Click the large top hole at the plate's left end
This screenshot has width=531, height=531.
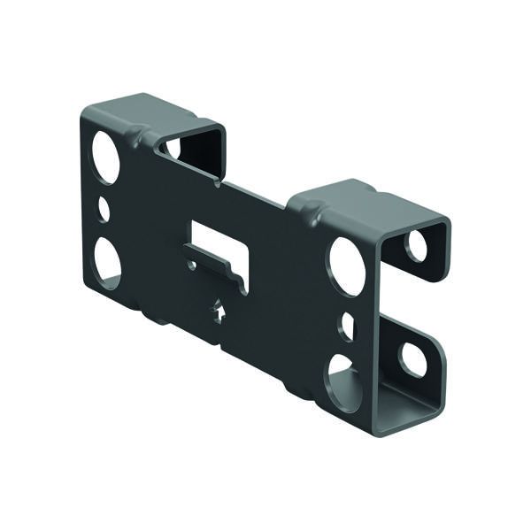[x=105, y=157]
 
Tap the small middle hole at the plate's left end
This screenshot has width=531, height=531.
[x=104, y=209]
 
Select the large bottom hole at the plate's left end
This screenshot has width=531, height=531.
[x=107, y=263]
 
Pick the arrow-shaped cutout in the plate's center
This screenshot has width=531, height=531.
[x=218, y=312]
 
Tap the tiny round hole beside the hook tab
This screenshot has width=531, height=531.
[x=191, y=264]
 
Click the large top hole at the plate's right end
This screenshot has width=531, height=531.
[x=347, y=265]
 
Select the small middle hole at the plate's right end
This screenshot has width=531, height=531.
[x=346, y=327]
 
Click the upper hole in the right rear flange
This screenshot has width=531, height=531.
[x=416, y=245]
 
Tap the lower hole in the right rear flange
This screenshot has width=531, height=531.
[x=412, y=358]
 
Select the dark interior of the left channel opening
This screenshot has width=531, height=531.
[x=199, y=150]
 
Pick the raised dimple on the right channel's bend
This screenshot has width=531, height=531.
[x=310, y=213]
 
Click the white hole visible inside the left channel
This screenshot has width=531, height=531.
[x=173, y=147]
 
